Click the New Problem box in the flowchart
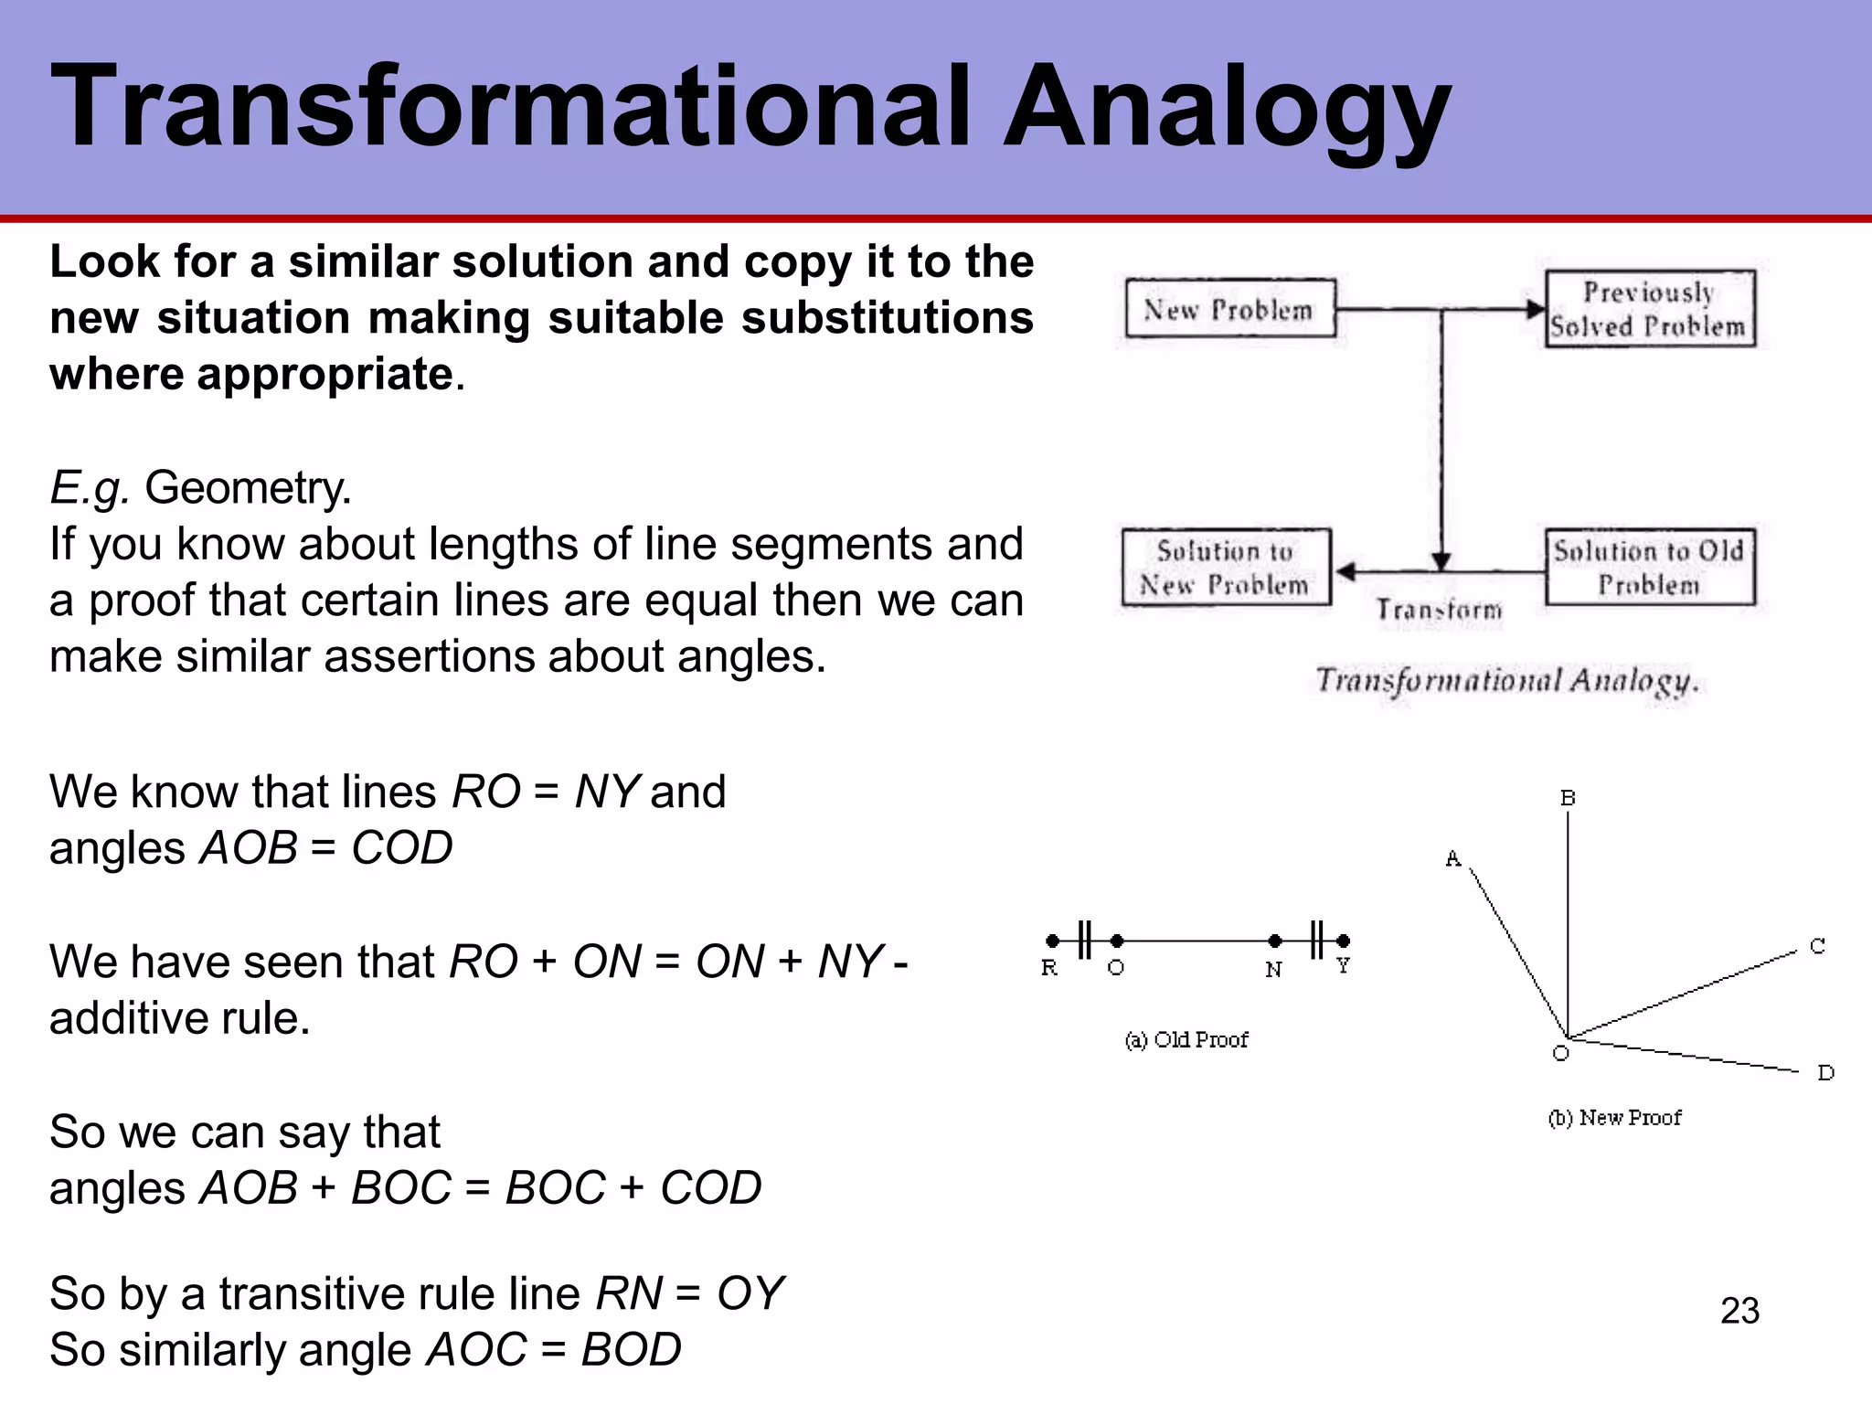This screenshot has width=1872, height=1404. [1229, 309]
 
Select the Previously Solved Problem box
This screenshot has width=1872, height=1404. [1650, 309]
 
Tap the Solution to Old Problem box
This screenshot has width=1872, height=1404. [1650, 567]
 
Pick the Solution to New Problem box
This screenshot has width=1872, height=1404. [1226, 567]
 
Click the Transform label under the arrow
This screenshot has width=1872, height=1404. [1439, 610]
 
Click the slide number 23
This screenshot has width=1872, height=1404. [1739, 1311]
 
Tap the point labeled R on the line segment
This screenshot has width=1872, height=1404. [1053, 941]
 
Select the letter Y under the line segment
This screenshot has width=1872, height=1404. [1343, 966]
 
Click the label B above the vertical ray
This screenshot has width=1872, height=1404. [1568, 798]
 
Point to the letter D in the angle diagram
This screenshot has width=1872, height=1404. [1825, 1073]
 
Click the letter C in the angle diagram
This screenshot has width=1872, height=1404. [1817, 947]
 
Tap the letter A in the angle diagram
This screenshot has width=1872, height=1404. [1453, 858]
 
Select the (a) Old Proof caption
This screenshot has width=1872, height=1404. [1186, 1040]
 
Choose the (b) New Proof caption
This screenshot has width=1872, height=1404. [1614, 1118]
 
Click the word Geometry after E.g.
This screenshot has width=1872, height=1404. [247, 487]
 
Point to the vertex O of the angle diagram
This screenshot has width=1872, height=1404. [1568, 1037]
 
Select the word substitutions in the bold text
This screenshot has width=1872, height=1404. [887, 318]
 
